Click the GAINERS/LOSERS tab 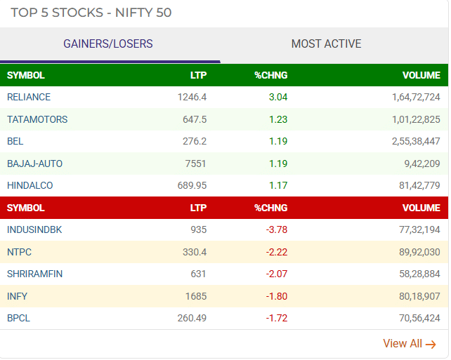click(108, 44)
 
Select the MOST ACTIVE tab click(326, 44)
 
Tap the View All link click(409, 344)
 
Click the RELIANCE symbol click(29, 97)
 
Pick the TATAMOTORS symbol click(37, 119)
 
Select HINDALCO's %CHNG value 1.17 click(277, 185)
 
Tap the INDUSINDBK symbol click(34, 229)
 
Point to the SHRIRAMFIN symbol click(34, 274)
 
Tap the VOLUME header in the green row click(421, 75)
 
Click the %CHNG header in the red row click(270, 208)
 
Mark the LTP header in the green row click(198, 75)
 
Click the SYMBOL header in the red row click(26, 208)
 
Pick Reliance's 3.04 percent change click(277, 97)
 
